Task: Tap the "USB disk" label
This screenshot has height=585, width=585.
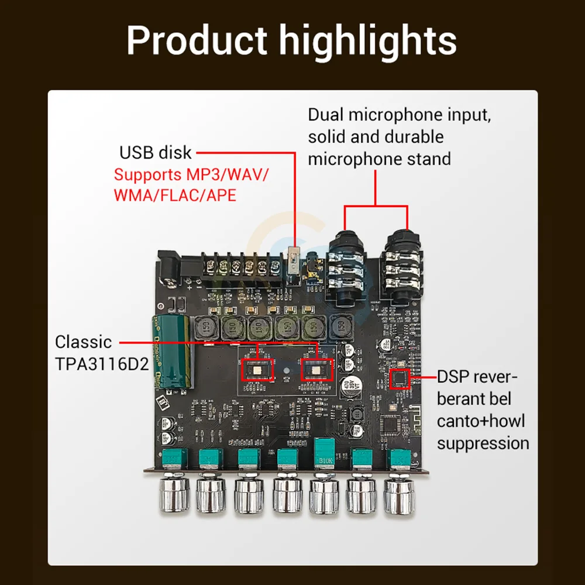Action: pos(155,153)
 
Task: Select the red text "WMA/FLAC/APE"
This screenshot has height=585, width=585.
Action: pos(175,195)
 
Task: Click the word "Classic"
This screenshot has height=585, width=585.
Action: pos(82,342)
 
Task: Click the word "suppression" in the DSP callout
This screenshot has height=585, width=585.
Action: pos(483,443)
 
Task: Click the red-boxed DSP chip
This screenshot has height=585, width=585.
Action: pos(401,378)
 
